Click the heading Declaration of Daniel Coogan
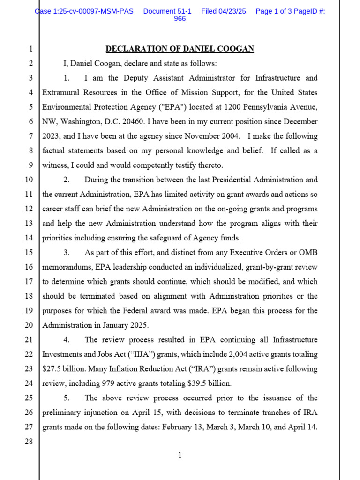point(180,49)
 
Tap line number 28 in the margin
point(28,441)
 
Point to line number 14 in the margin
point(28,238)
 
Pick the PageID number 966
point(180,19)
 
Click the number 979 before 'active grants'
point(111,383)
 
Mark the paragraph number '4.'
point(67,339)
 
